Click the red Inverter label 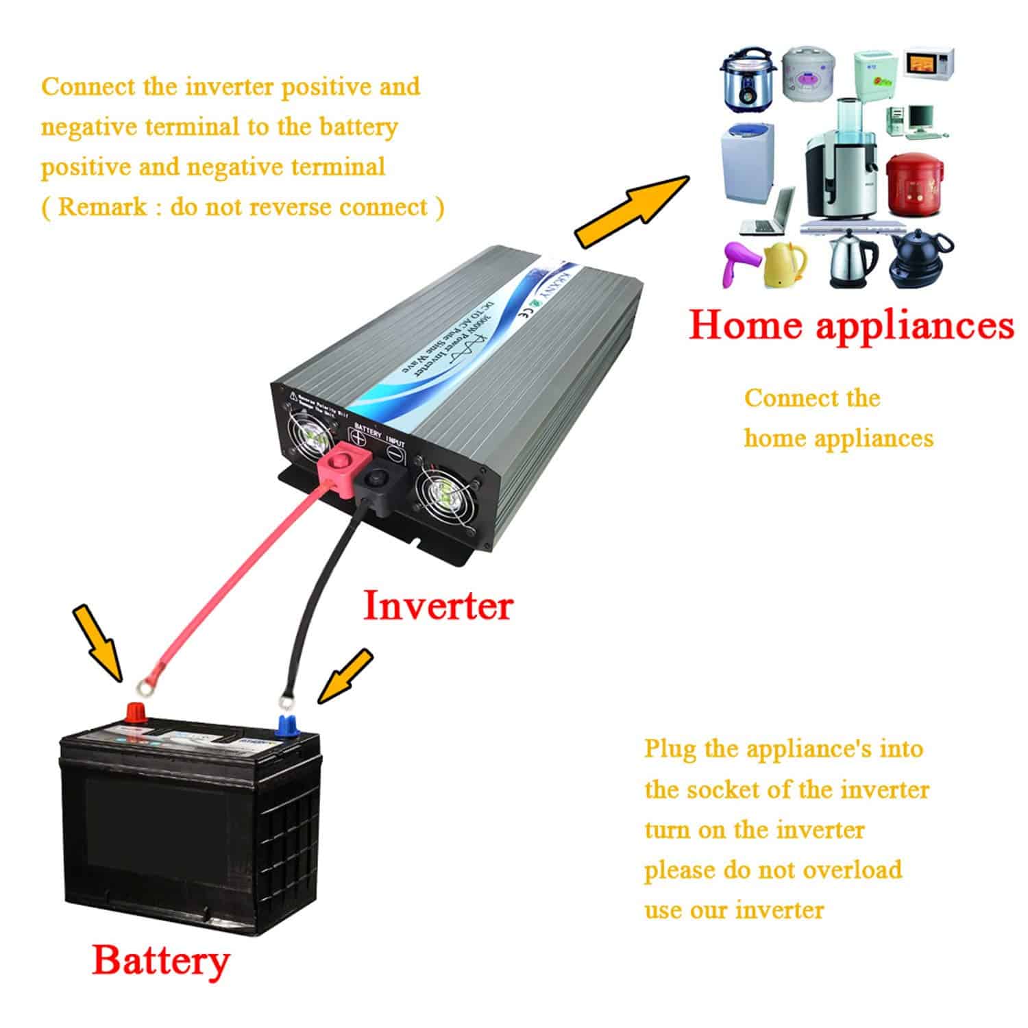pyautogui.click(x=437, y=606)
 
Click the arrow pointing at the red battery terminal pyautogui.click(x=99, y=641)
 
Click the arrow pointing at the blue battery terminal pyautogui.click(x=347, y=676)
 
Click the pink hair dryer pyautogui.click(x=740, y=263)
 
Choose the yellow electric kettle pyautogui.click(x=785, y=264)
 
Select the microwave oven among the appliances pyautogui.click(x=929, y=62)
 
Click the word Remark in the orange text pyautogui.click(x=102, y=206)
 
